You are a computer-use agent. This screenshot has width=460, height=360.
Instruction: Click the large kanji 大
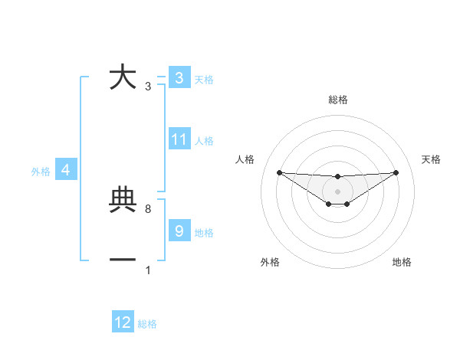click(123, 77)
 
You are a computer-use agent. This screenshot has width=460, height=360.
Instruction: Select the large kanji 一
click(123, 260)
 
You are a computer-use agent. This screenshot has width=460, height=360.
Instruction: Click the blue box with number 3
click(179, 77)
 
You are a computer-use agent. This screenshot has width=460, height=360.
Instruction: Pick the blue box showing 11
click(179, 139)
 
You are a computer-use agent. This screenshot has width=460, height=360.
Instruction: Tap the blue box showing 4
click(66, 170)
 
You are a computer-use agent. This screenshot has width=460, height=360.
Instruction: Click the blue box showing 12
click(123, 322)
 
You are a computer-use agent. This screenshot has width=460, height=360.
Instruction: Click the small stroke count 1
click(147, 270)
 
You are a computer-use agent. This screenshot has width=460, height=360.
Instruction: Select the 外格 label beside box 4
click(41, 172)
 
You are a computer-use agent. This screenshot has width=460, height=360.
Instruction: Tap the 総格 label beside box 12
click(147, 324)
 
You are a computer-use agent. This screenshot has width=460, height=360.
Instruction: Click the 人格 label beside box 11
click(204, 141)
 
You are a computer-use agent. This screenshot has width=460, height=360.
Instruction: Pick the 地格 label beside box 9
click(204, 232)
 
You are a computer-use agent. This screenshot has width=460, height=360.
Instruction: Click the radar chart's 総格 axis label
click(337, 100)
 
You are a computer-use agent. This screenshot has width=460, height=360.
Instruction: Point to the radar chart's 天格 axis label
click(431, 159)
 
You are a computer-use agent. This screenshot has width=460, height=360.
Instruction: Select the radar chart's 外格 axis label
click(270, 262)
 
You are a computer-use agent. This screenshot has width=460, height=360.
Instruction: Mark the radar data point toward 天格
click(396, 172)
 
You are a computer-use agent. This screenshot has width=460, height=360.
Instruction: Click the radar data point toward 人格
click(279, 172)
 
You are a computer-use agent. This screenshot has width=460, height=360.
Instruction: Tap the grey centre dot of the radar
click(337, 191)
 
